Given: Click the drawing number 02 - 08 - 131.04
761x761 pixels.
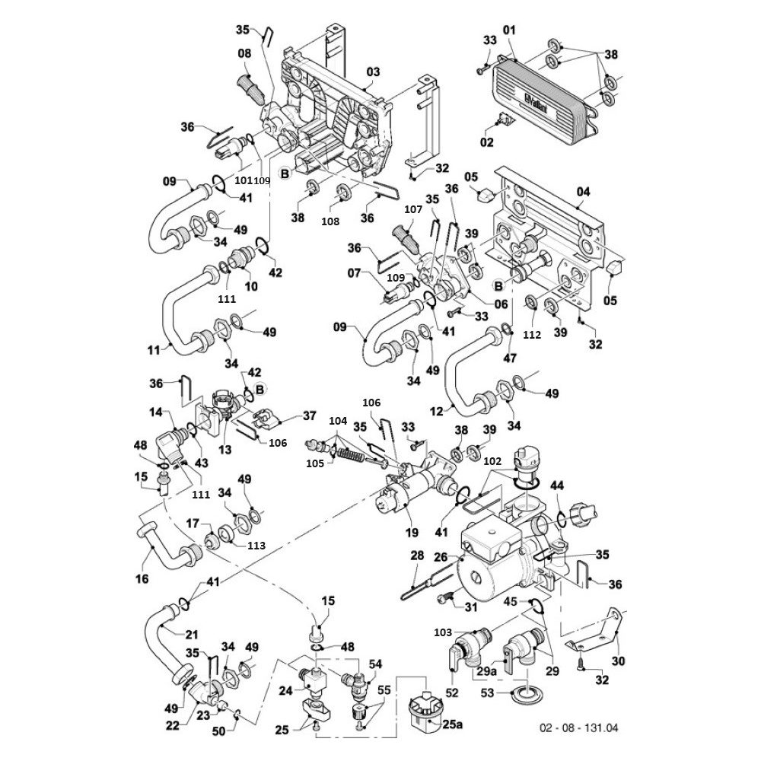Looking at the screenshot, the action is [x=579, y=728].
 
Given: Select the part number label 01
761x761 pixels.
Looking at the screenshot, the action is [x=509, y=30].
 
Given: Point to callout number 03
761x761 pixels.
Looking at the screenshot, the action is [x=373, y=72].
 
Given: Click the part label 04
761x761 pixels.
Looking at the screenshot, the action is [x=583, y=192].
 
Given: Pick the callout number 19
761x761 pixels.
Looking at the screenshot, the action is [x=412, y=533].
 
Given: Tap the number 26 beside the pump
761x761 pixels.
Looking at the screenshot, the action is [x=441, y=558].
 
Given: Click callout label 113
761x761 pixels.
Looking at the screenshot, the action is [x=256, y=546].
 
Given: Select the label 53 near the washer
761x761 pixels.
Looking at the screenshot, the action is [x=487, y=693].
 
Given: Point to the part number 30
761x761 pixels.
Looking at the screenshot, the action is [x=618, y=661].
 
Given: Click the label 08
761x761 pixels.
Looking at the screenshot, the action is [x=244, y=53].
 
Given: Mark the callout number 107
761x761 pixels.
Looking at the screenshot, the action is [x=413, y=211].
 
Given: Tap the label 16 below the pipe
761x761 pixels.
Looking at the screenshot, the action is [x=142, y=578].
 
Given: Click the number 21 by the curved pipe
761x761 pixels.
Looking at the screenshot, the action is [x=192, y=635].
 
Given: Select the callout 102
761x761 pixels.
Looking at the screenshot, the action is [x=492, y=461].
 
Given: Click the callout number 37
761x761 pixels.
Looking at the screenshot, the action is [x=309, y=416].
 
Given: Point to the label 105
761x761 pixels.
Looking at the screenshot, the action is [x=315, y=464].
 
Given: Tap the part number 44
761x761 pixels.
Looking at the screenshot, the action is [x=557, y=486].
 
